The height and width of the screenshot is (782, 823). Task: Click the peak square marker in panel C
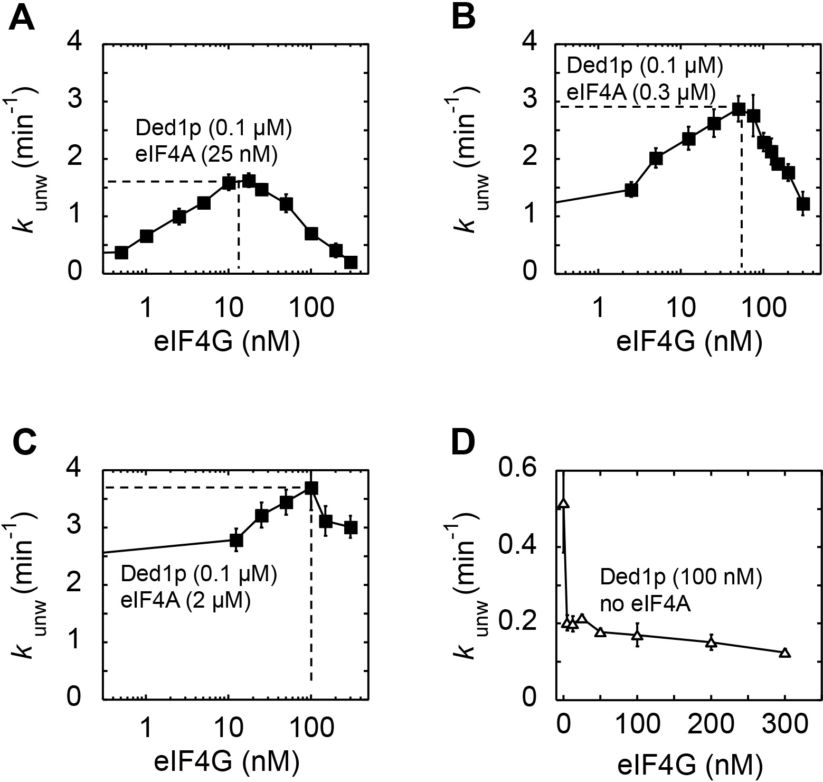(x=311, y=488)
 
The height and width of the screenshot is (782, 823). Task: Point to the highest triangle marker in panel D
(x=563, y=504)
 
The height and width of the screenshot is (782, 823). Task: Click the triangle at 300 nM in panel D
(x=785, y=653)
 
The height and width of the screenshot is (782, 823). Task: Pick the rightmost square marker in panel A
(x=351, y=262)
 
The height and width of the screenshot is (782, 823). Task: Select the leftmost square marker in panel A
(x=121, y=253)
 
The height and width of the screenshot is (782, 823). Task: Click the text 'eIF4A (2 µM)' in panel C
(x=185, y=601)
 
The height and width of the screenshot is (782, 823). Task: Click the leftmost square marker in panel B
(x=631, y=190)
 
